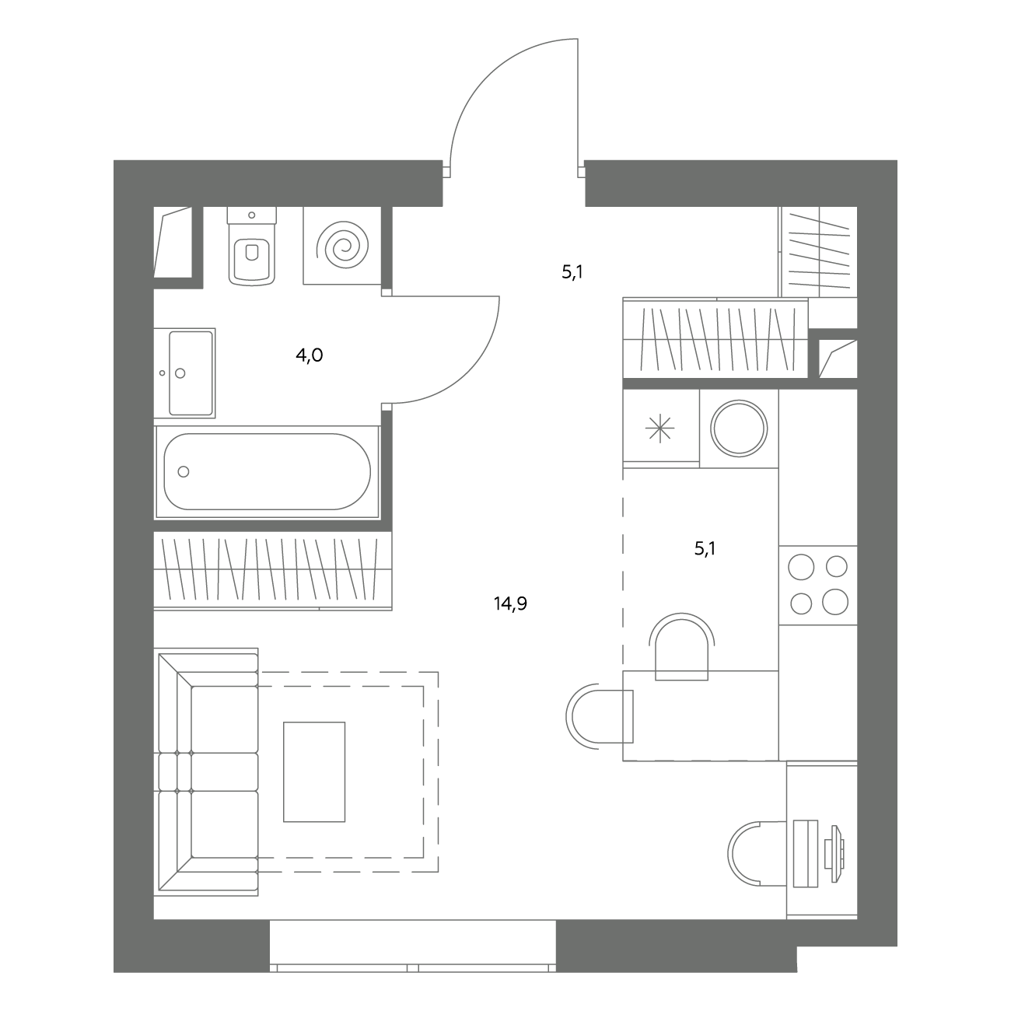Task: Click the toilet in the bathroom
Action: pos(252,246)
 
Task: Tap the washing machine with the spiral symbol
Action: pos(342,246)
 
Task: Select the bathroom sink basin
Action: pos(184,373)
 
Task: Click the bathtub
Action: pos(267,471)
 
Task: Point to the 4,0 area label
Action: pos(310,355)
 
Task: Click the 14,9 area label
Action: pos(510,603)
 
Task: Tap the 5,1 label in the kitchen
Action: pos(705,549)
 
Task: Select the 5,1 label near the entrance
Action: pos(572,271)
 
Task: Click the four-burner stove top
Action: pos(818,585)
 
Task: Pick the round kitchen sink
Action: pos(739,429)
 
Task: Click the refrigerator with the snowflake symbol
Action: pos(661,428)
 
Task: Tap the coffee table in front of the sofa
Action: pos(314,771)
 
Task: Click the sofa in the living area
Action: pos(208,771)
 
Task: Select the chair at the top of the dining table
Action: pos(681,646)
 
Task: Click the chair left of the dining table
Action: pos(600,717)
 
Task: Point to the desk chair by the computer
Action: pos(757,854)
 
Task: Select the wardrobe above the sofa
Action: pos(273,571)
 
